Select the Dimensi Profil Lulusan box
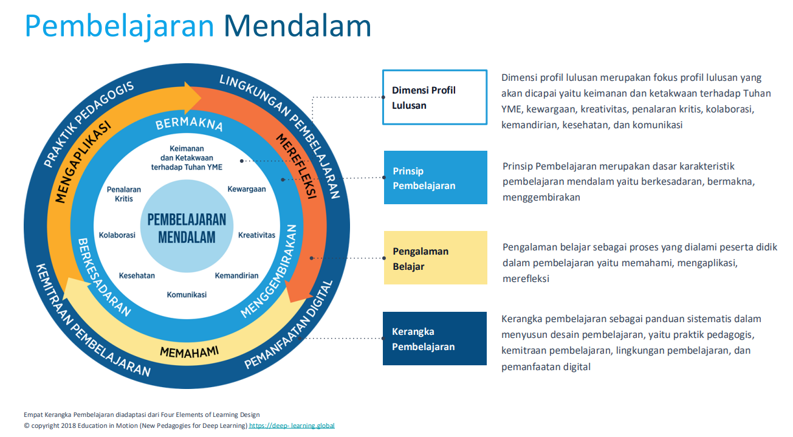[x=434, y=97]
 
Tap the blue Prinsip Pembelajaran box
[x=434, y=177]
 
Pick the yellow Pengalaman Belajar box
[x=434, y=258]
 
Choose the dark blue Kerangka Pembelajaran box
[x=434, y=339]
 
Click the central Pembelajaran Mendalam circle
[x=187, y=228]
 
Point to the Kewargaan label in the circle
[x=246, y=189]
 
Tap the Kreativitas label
[x=256, y=235]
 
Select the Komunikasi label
[x=187, y=295]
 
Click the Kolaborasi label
[x=117, y=235]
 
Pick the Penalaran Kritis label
[x=124, y=194]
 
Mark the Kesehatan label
[x=137, y=275]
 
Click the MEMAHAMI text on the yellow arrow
[x=189, y=351]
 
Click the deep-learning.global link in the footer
[x=292, y=425]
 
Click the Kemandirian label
[x=236, y=275]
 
